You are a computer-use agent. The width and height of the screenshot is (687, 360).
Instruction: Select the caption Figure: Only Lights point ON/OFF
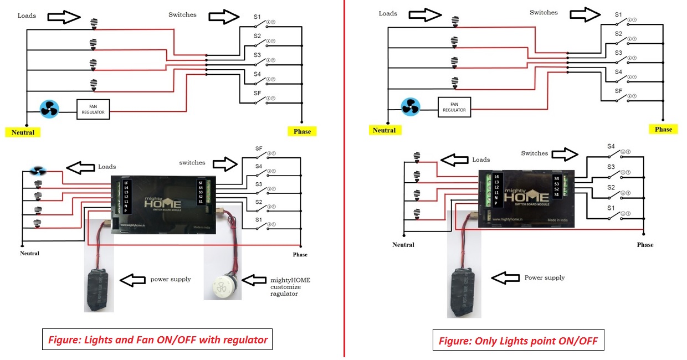click(x=518, y=341)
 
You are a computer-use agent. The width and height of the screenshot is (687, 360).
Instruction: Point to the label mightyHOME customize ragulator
click(x=290, y=287)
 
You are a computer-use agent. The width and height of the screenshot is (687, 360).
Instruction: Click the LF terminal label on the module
click(x=126, y=183)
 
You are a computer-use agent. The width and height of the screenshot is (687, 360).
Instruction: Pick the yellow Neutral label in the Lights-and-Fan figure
click(x=23, y=132)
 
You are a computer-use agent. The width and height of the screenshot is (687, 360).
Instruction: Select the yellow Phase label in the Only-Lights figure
click(x=663, y=129)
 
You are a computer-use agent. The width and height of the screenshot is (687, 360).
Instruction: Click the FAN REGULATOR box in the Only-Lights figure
click(x=454, y=107)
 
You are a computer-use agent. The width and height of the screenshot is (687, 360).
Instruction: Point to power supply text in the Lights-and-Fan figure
click(x=171, y=279)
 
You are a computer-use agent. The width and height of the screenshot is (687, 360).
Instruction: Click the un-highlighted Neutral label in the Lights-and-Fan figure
click(x=29, y=253)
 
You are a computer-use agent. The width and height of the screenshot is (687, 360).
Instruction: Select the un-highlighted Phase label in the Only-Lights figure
click(x=645, y=245)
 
